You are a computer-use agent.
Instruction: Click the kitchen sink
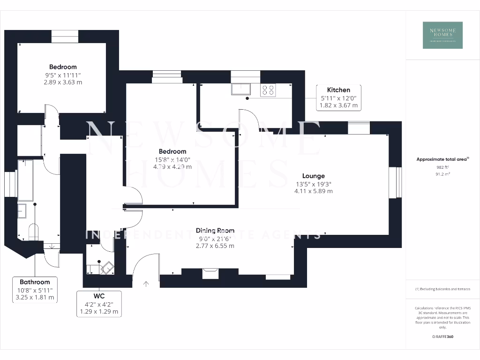241,89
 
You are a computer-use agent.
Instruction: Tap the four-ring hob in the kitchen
268,90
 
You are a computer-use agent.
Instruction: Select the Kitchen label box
338,97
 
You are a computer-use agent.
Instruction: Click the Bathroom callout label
35,289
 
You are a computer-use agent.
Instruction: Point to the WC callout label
99,303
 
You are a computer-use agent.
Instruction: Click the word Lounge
313,176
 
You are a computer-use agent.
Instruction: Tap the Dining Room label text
215,230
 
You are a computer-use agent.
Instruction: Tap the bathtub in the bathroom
24,178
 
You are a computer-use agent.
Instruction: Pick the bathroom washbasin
23,211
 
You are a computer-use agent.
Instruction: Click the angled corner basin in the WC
107,268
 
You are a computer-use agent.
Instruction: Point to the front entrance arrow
146,283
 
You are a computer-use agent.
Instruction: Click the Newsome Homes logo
442,35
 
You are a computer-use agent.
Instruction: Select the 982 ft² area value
442,167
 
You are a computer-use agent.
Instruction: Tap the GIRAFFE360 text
442,337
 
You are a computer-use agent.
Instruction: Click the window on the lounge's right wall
396,182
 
